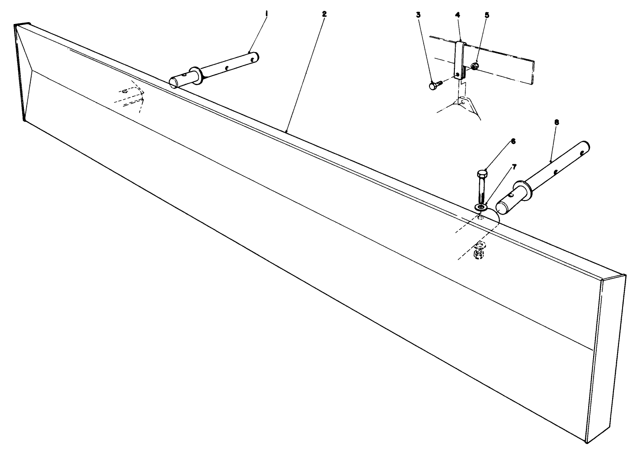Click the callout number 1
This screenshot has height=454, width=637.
(x=266, y=13)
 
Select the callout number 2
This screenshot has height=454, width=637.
(x=324, y=14)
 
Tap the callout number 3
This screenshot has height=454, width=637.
(x=418, y=15)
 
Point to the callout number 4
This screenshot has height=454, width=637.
(x=457, y=15)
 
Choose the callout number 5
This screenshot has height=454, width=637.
(x=487, y=15)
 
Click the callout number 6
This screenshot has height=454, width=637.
(x=513, y=142)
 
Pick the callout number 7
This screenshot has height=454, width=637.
(x=514, y=167)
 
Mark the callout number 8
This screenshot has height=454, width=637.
(x=557, y=122)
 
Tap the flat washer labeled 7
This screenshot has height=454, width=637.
(x=481, y=207)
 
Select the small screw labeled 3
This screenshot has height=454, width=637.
(x=435, y=85)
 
